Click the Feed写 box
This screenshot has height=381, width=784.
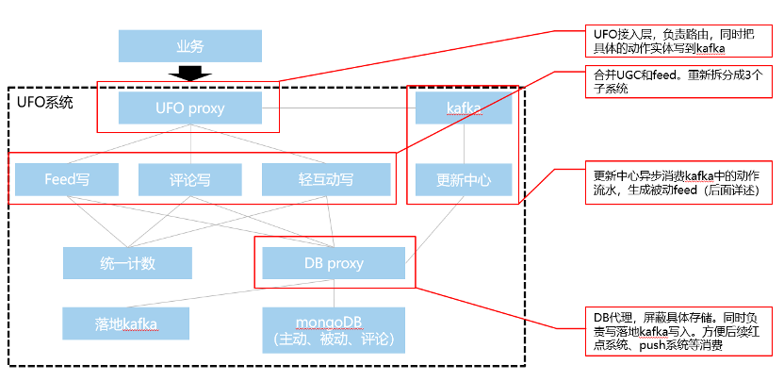(x=67, y=178)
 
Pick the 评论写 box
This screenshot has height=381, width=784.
(x=190, y=178)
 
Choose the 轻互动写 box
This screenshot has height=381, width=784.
(x=326, y=178)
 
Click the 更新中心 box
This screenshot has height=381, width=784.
(x=463, y=178)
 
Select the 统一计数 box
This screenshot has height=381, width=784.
(x=127, y=263)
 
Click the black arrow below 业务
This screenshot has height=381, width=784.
(x=190, y=75)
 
